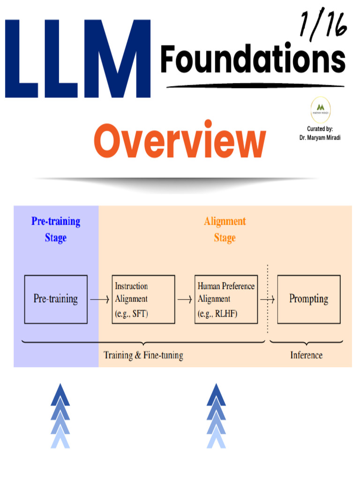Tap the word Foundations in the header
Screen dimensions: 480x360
point(253,60)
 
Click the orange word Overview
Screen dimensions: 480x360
point(180,141)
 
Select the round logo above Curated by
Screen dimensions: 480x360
point(321,111)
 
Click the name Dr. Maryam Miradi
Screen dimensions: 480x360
point(321,138)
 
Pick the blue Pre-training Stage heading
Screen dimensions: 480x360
point(56,229)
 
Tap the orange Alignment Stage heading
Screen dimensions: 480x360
point(225,229)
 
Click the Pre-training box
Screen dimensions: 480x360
point(56,299)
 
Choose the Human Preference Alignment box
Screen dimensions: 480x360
point(226,299)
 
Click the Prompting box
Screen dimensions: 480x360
point(309,299)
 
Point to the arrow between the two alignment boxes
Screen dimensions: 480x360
point(185,299)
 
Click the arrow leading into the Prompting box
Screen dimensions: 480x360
point(268,299)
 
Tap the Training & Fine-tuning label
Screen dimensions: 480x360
point(143,355)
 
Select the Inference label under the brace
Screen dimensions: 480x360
point(306,355)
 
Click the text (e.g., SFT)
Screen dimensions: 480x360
point(131,314)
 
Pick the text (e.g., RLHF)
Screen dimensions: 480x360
point(217,314)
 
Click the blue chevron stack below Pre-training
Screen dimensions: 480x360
point(60,415)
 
